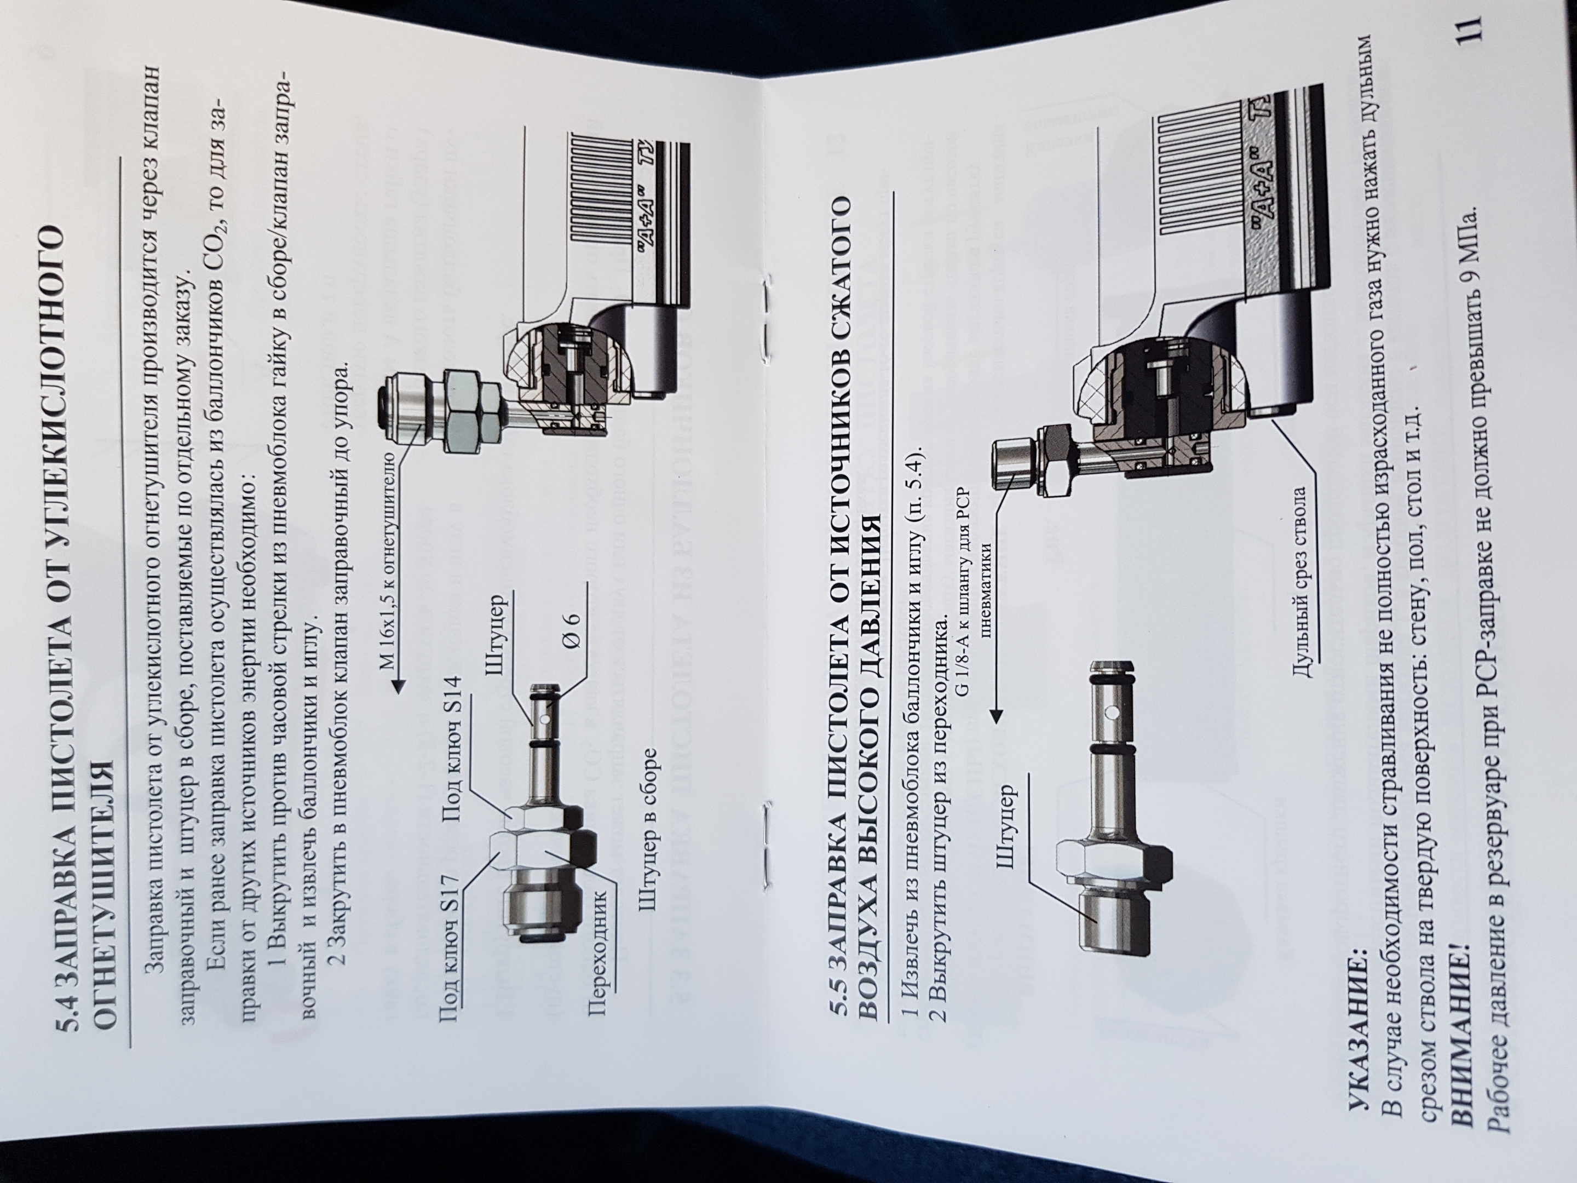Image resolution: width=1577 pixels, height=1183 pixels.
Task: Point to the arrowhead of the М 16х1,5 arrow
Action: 399,685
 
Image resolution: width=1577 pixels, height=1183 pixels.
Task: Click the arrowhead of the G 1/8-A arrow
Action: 996,714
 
